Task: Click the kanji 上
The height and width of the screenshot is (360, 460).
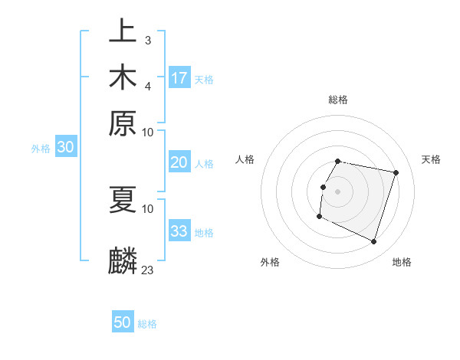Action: pyautogui.click(x=123, y=31)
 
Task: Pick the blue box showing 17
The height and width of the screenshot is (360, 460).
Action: pyautogui.click(x=179, y=78)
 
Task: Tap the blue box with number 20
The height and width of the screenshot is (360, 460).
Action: pyautogui.click(x=179, y=162)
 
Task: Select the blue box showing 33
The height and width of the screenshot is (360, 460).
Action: pyautogui.click(x=179, y=231)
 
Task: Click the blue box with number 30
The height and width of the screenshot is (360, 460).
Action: pyautogui.click(x=65, y=148)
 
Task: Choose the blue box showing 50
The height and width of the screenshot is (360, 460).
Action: pyautogui.click(x=123, y=322)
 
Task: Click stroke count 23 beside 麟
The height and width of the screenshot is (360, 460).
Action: pyautogui.click(x=148, y=270)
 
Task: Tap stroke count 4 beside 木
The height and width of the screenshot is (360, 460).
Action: pyautogui.click(x=147, y=85)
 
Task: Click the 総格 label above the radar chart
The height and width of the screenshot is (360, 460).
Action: pyautogui.click(x=338, y=100)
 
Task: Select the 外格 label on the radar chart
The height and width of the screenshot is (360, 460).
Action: pyautogui.click(x=270, y=262)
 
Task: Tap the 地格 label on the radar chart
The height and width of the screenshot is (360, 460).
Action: pyautogui.click(x=402, y=262)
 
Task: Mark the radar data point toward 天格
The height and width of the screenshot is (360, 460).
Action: pyautogui.click(x=396, y=173)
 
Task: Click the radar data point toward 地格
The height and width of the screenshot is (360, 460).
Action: pyautogui.click(x=374, y=242)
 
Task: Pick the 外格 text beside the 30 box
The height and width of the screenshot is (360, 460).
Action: pyautogui.click(x=41, y=149)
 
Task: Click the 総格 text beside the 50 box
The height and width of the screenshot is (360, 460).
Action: pyautogui.click(x=147, y=324)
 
